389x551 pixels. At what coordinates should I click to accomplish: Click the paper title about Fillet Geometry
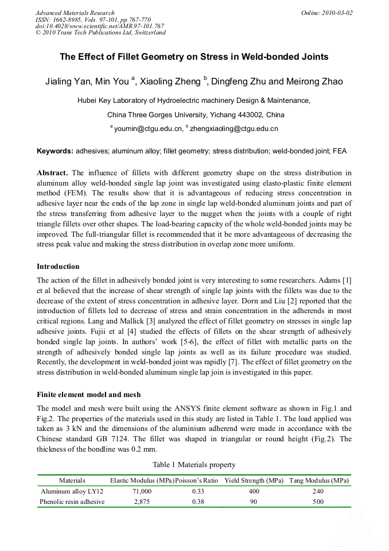(194, 57)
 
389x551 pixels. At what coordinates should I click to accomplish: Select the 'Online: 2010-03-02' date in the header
(327, 13)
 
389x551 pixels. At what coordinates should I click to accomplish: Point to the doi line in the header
(99, 26)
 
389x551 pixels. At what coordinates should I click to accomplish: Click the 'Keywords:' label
(55, 152)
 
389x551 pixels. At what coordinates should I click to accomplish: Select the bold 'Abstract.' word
(52, 172)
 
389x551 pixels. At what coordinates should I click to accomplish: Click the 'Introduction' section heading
(58, 267)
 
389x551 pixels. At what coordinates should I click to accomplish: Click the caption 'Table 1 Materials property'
(194, 464)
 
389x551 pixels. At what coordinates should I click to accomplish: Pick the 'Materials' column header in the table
(72, 480)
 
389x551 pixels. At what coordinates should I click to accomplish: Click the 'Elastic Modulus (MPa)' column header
(142, 480)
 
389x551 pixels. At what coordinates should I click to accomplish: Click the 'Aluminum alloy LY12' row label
(72, 491)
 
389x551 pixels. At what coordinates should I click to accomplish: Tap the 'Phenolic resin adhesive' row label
(72, 502)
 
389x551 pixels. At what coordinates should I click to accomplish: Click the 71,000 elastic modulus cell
(142, 491)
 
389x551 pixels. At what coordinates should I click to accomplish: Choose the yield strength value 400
(254, 491)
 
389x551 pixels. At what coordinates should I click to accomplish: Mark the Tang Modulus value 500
(318, 502)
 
